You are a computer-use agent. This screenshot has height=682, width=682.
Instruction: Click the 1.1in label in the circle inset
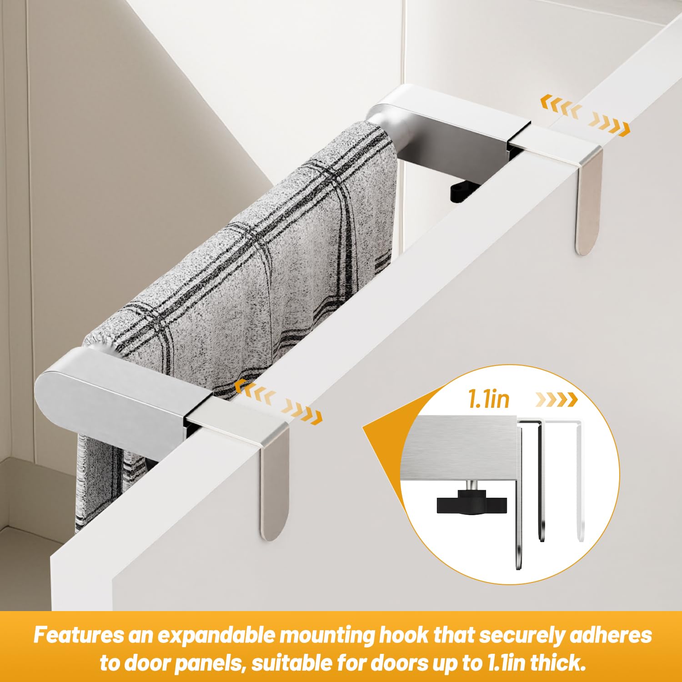(489, 399)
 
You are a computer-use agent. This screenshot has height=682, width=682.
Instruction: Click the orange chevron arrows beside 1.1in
(556, 400)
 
